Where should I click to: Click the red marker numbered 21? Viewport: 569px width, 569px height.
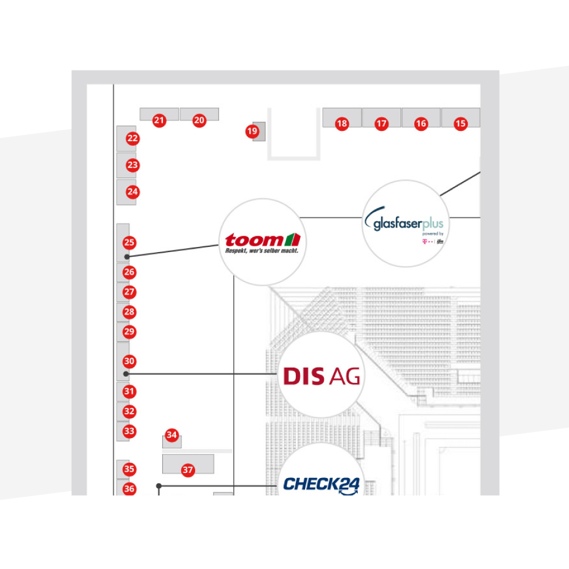159,121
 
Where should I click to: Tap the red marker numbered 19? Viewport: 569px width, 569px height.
252,131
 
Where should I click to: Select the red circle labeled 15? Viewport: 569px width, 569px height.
460,123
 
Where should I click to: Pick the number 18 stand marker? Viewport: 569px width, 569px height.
341,123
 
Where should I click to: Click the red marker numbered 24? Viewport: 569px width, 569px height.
133,192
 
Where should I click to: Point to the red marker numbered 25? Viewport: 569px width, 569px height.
129,243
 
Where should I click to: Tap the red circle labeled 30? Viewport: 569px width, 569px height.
129,361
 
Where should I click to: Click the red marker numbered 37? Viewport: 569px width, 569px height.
188,471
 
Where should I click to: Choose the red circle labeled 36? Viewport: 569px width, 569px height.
129,489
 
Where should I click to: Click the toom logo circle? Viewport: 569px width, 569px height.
262,242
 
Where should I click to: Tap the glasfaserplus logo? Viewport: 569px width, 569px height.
405,224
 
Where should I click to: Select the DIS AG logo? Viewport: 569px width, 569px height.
321,376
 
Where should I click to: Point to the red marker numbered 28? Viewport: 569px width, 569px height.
129,312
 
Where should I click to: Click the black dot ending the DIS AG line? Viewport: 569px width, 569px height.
126,374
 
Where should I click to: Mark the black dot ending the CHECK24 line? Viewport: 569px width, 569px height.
159,486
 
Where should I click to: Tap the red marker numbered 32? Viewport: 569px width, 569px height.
129,411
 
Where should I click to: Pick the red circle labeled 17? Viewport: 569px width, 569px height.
381,123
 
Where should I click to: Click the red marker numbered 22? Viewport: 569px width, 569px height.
133,138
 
